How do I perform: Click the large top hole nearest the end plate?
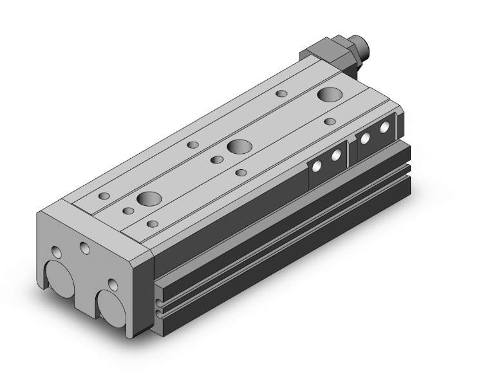click(x=146, y=198)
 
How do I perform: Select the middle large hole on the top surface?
click(x=239, y=146)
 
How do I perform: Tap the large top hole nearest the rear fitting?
click(x=330, y=95)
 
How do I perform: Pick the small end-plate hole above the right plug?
click(x=113, y=284)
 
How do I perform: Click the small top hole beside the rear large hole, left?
click(x=281, y=94)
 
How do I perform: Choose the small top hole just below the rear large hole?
click(x=329, y=122)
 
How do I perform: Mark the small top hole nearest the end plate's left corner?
click(x=104, y=196)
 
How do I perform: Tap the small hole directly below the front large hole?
click(x=153, y=223)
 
